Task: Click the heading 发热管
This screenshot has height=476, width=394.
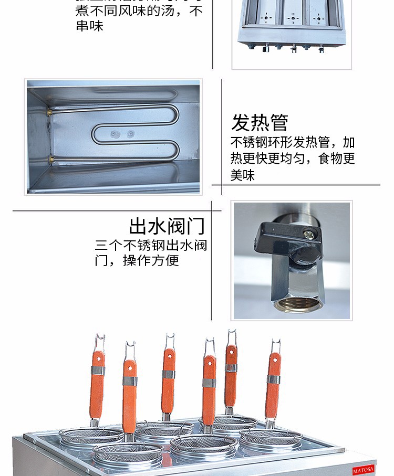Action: (260, 122)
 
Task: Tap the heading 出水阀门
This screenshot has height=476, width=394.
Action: (167, 227)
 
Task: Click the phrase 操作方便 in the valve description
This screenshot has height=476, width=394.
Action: (151, 260)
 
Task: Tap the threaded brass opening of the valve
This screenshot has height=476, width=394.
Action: (296, 304)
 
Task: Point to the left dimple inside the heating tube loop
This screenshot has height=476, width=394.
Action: (113, 134)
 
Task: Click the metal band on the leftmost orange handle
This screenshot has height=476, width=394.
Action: (98, 370)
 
